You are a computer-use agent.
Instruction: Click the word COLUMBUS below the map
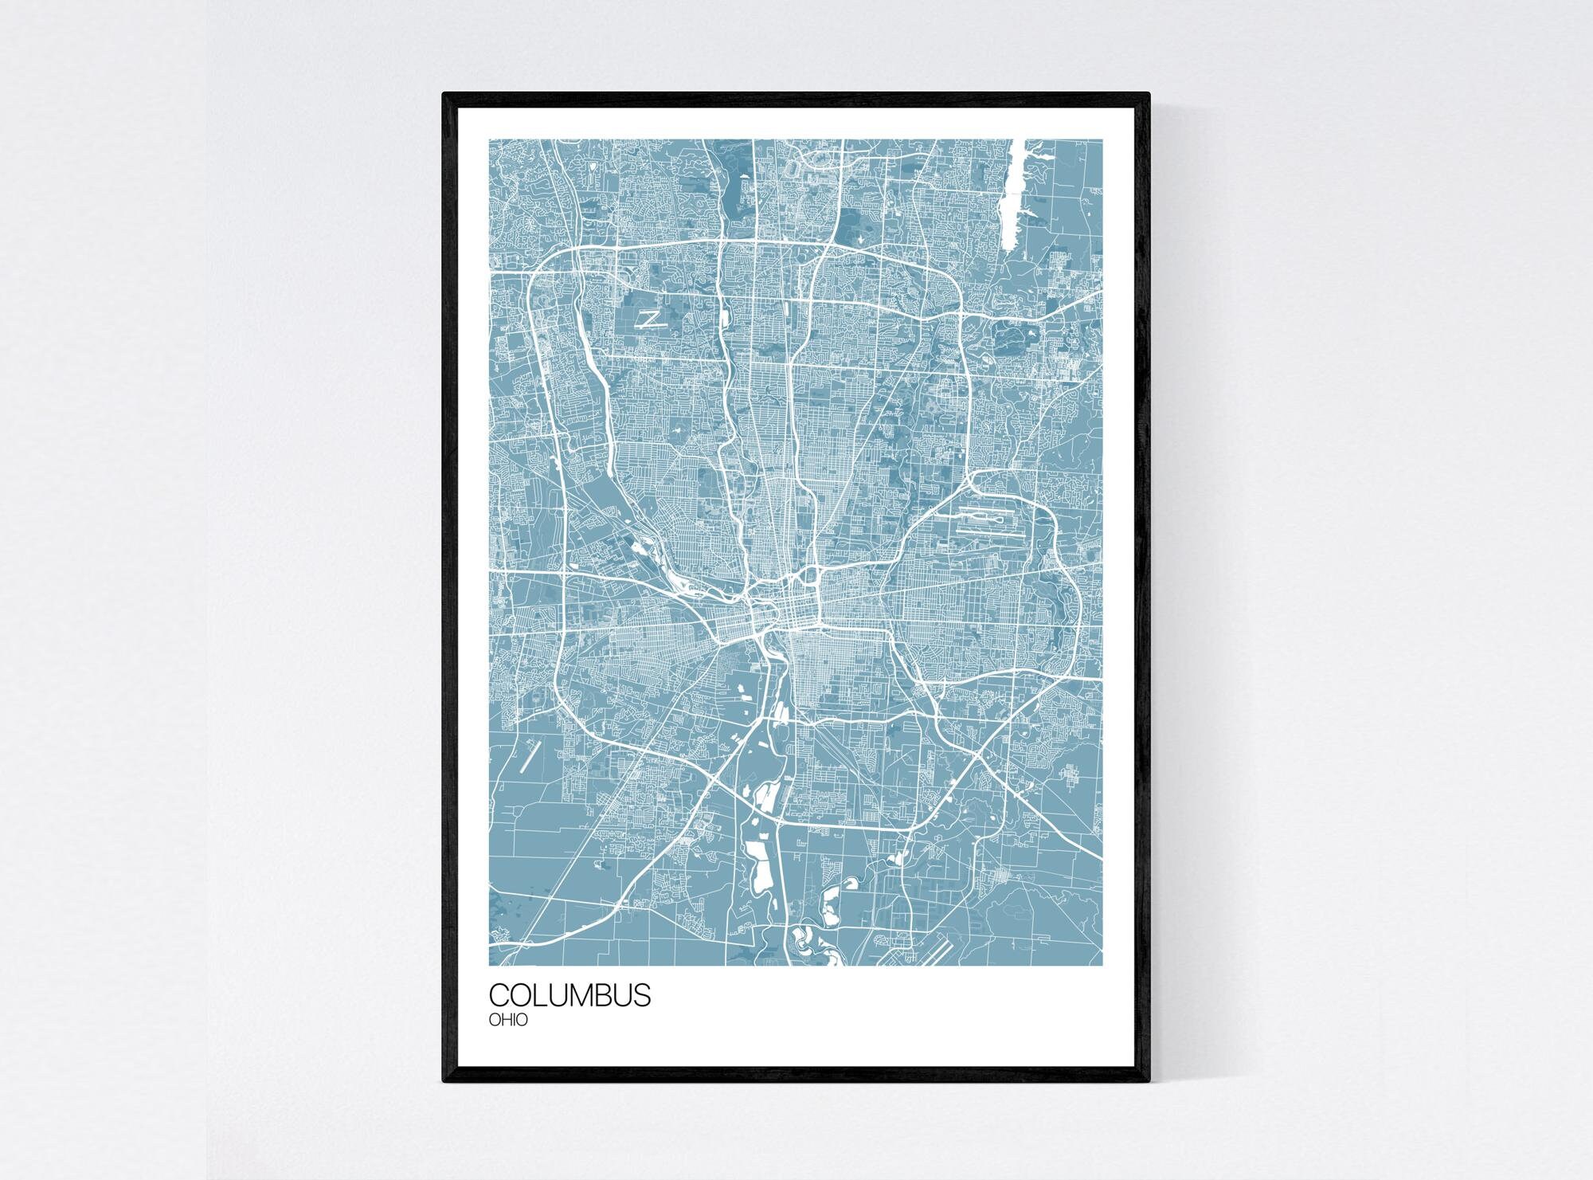tap(569, 995)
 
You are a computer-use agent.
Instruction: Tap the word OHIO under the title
tap(508, 1020)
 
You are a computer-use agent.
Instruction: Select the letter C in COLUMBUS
tap(499, 995)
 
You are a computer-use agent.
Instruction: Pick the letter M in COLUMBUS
tap(585, 995)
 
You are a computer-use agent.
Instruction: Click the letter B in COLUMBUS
tap(609, 995)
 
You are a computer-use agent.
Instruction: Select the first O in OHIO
tap(495, 1020)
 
